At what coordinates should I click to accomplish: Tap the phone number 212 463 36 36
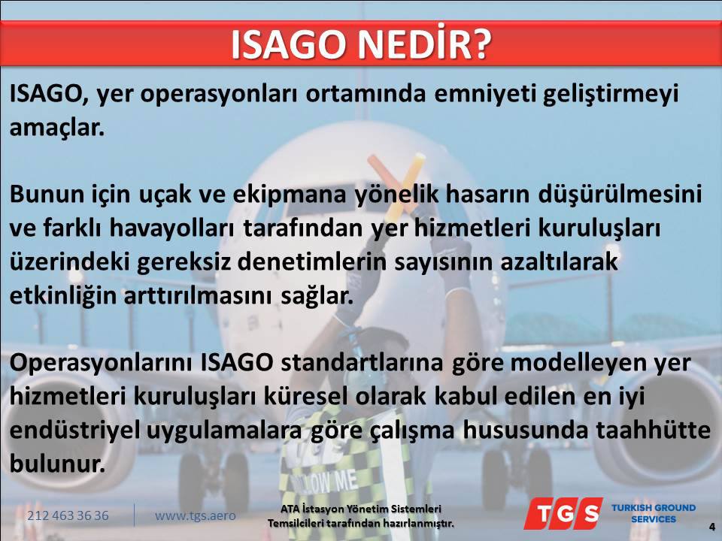(x=68, y=515)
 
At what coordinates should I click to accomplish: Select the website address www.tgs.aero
(x=196, y=515)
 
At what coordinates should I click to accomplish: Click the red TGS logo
(x=563, y=513)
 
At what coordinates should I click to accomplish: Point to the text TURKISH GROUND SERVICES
(x=654, y=513)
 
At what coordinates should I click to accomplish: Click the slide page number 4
(x=712, y=527)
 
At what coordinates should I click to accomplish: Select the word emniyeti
(x=485, y=95)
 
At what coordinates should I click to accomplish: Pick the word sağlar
(x=317, y=296)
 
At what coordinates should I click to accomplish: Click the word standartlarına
(x=362, y=362)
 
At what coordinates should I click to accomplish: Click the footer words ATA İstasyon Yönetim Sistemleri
(x=360, y=509)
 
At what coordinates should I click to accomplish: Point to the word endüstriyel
(x=74, y=431)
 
